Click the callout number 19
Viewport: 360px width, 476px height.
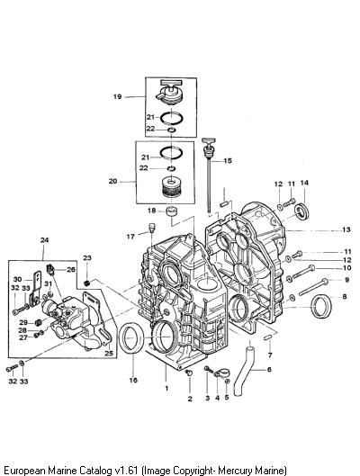pos(117,97)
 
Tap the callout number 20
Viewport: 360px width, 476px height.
pos(112,181)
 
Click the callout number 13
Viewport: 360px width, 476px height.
pos(346,229)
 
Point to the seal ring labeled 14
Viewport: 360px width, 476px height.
pos(302,211)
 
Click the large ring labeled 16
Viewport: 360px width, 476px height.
pos(130,338)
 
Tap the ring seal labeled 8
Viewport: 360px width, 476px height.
pos(321,306)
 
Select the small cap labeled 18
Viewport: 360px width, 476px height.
pos(172,211)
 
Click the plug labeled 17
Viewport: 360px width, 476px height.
pos(152,228)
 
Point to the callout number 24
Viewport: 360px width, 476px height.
pos(44,240)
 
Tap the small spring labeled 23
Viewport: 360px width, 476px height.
pos(86,283)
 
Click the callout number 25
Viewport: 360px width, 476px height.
pos(109,353)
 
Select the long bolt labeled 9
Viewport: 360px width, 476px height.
pos(313,287)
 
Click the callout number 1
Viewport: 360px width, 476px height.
pos(166,388)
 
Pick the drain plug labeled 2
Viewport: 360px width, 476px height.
pos(188,373)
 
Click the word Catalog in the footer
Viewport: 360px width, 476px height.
pos(95,471)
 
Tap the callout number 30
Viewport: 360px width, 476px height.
pos(18,279)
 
